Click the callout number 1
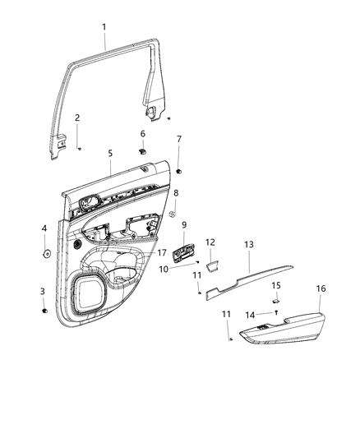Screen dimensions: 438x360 [x=104, y=27]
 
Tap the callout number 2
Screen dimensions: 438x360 [x=77, y=118]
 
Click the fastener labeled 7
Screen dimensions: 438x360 [x=178, y=171]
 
